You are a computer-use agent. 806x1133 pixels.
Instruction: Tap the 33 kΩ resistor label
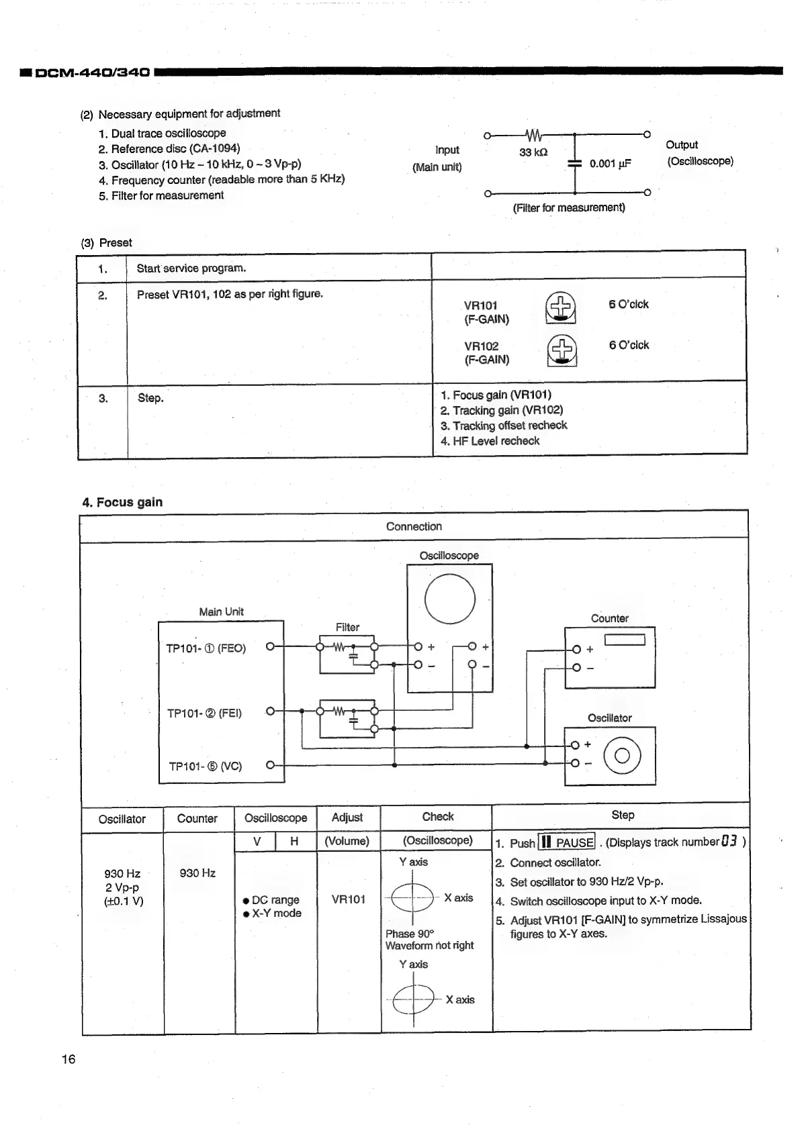click(533, 152)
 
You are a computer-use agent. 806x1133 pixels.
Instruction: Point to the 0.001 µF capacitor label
click(610, 164)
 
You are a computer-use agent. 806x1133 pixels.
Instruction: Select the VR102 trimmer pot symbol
click(562, 350)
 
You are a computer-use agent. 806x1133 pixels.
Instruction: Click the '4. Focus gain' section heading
click(122, 502)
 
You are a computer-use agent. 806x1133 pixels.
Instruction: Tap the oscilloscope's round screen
click(449, 599)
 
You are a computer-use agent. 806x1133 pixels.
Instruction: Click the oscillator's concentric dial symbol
click(622, 756)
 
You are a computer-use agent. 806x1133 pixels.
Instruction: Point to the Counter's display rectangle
click(625, 640)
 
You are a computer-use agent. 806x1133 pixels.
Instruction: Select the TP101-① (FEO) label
click(206, 648)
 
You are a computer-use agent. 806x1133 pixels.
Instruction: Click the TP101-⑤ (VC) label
click(205, 766)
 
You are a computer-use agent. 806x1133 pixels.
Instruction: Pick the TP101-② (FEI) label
click(204, 713)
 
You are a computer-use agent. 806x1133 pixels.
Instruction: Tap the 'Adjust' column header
click(347, 818)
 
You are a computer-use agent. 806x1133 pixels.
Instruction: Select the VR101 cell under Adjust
click(348, 899)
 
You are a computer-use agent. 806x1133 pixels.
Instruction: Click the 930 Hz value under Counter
click(197, 873)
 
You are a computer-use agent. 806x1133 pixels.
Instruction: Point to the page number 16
click(69, 1059)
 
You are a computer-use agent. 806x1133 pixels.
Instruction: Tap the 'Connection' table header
click(414, 527)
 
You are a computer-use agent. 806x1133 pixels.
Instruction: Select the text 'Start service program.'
click(191, 268)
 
